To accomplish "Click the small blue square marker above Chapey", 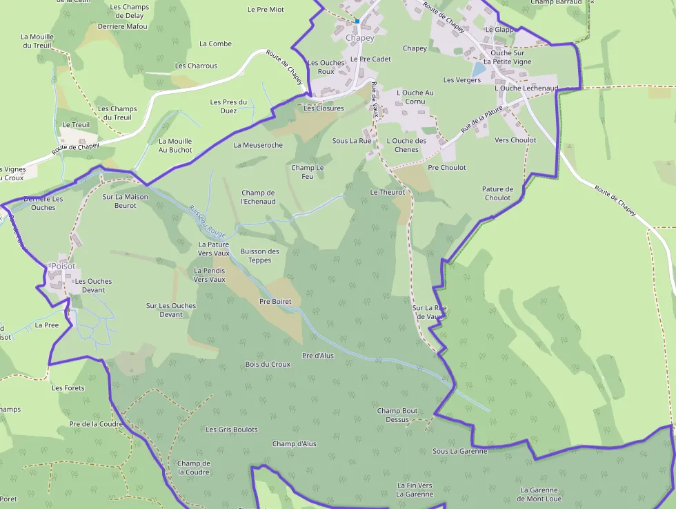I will click(x=357, y=21).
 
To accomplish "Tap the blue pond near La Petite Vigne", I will click(x=478, y=70).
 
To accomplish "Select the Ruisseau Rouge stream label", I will click(x=207, y=222).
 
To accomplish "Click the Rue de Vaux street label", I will click(x=375, y=99).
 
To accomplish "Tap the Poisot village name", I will click(x=63, y=267).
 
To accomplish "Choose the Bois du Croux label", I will click(x=268, y=364).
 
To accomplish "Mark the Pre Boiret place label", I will click(x=275, y=302).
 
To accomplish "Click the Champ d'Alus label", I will click(x=294, y=443).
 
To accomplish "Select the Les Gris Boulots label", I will click(x=232, y=430).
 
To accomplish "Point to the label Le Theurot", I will click(x=388, y=192).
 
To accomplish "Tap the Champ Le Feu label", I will click(x=307, y=172).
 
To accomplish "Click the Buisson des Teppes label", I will click(x=260, y=256).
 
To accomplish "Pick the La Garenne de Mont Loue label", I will click(x=539, y=494).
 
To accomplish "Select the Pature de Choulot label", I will click(x=497, y=193).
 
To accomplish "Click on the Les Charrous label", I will click(x=196, y=66).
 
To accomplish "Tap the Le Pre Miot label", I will click(x=266, y=10).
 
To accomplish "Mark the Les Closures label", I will click(x=324, y=108).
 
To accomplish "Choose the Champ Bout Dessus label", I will click(x=397, y=415).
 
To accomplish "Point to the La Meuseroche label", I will click(x=258, y=146).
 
